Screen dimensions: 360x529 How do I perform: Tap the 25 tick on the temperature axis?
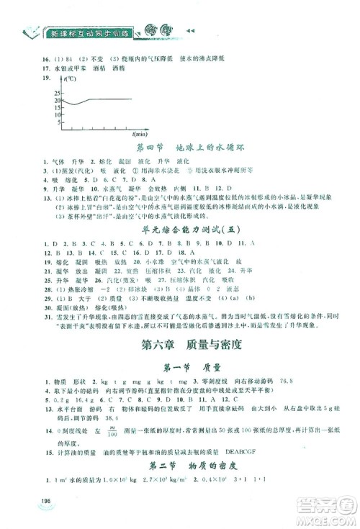57,91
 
